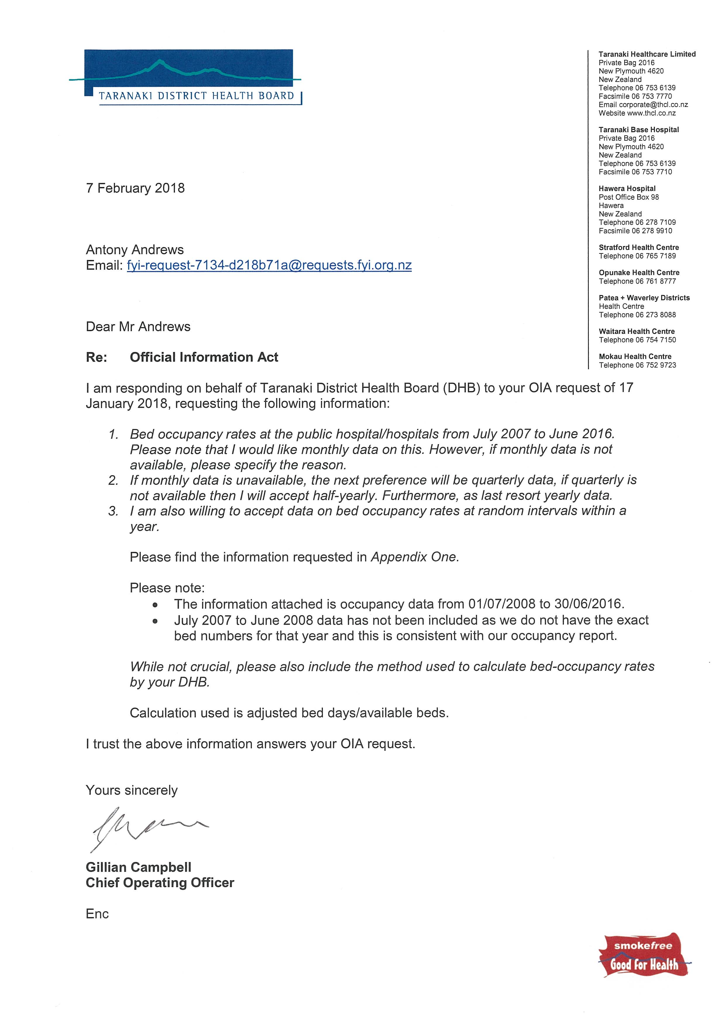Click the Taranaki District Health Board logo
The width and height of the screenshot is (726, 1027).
tap(185, 77)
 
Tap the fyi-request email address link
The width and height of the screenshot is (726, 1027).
tap(269, 265)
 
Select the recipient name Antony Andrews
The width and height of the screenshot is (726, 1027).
tap(135, 250)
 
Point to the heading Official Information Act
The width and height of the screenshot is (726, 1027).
tap(204, 357)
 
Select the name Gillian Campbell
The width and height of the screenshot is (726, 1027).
tap(139, 867)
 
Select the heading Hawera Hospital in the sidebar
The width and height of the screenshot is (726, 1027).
tap(627, 188)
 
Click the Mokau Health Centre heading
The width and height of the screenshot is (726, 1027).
tap(635, 356)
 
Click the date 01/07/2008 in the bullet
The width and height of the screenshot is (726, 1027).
tap(501, 604)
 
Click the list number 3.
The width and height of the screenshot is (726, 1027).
tap(113, 511)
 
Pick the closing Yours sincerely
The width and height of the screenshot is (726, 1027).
tap(131, 790)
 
